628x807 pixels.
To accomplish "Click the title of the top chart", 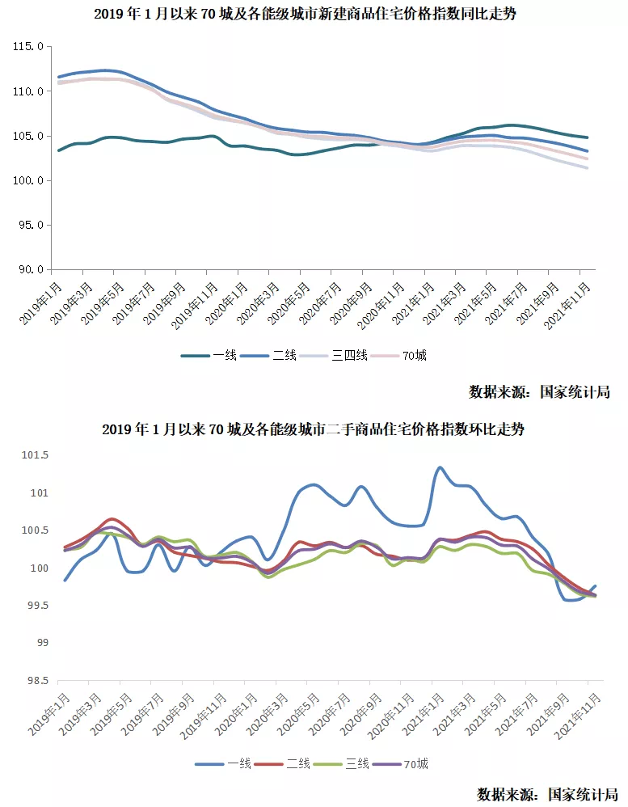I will pos(314,15).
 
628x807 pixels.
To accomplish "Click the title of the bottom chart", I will pos(314,429).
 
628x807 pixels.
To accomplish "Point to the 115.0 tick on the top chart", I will pos(27,47).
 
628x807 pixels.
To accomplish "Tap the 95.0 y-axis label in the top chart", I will pos(29,225).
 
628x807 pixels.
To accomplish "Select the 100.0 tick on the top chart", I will pos(27,180).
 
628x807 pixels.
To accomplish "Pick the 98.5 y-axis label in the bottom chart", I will pos(36,681).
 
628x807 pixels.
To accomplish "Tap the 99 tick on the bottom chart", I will pos(40,644).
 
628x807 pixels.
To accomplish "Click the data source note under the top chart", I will pos(539,392).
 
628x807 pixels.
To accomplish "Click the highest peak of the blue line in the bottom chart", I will pos(440,467).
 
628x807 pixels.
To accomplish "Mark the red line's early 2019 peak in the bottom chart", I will pos(113,518).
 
